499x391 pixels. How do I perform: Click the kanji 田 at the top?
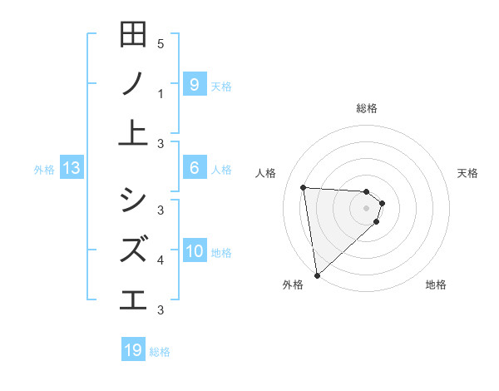pyautogui.click(x=133, y=35)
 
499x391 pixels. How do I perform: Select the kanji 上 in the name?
pyautogui.click(x=133, y=133)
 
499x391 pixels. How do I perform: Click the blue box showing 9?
pyautogui.click(x=194, y=84)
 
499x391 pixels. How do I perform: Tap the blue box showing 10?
pyautogui.click(x=194, y=252)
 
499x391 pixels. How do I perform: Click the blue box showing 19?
pyautogui.click(x=133, y=350)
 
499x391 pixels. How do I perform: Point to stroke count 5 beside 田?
pyautogui.click(x=161, y=43)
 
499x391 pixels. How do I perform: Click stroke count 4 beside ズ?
pyautogui.click(x=161, y=260)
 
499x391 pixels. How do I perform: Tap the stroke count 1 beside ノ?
pyautogui.click(x=161, y=94)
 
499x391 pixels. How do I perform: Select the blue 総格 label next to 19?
pyautogui.click(x=160, y=352)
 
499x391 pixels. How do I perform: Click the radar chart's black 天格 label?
pyautogui.click(x=468, y=173)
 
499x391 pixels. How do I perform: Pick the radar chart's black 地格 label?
pyautogui.click(x=436, y=285)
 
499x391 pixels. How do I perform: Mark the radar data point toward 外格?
pyautogui.click(x=317, y=275)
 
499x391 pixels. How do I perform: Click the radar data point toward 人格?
pyautogui.click(x=304, y=187)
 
